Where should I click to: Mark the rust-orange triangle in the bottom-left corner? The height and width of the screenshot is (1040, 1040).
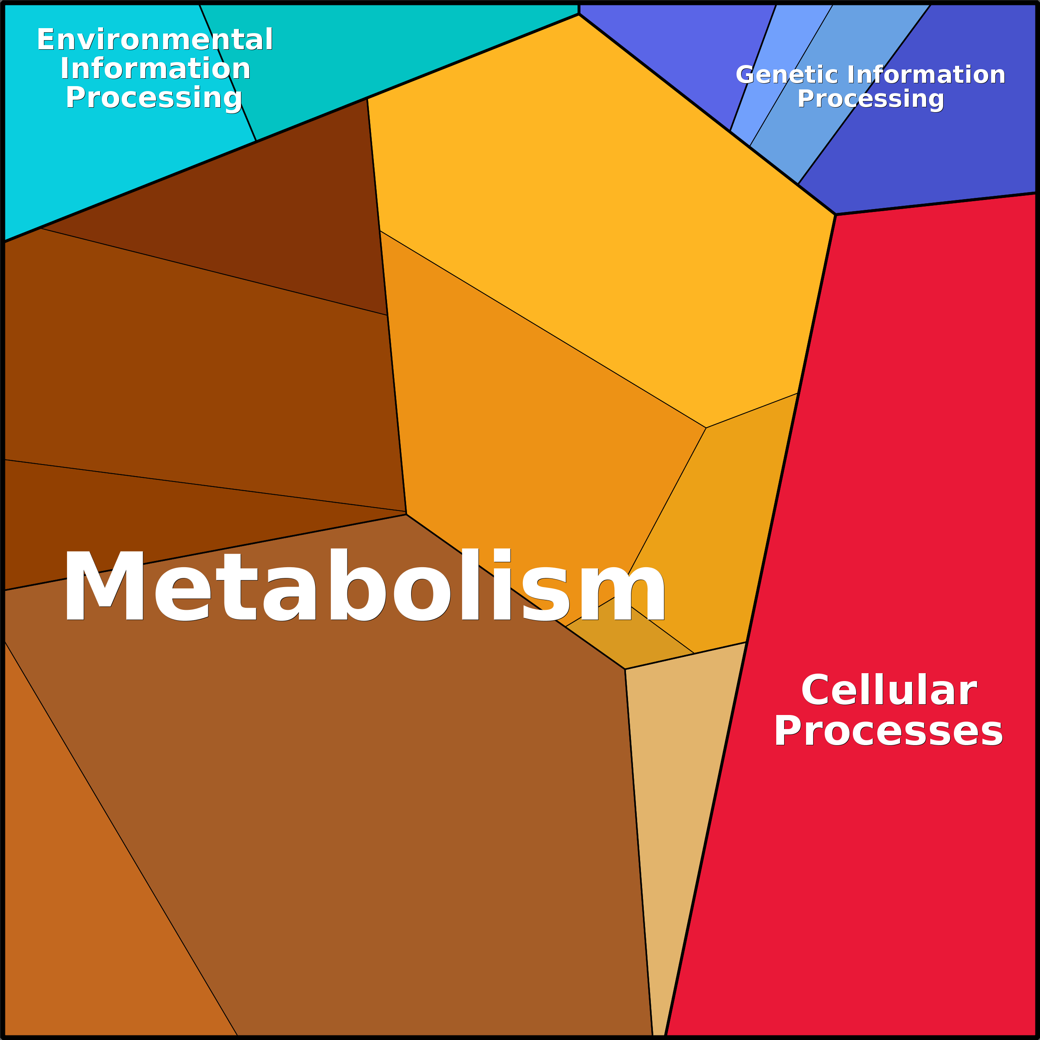(81, 915)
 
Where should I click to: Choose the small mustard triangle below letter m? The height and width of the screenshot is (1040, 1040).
(624, 640)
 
